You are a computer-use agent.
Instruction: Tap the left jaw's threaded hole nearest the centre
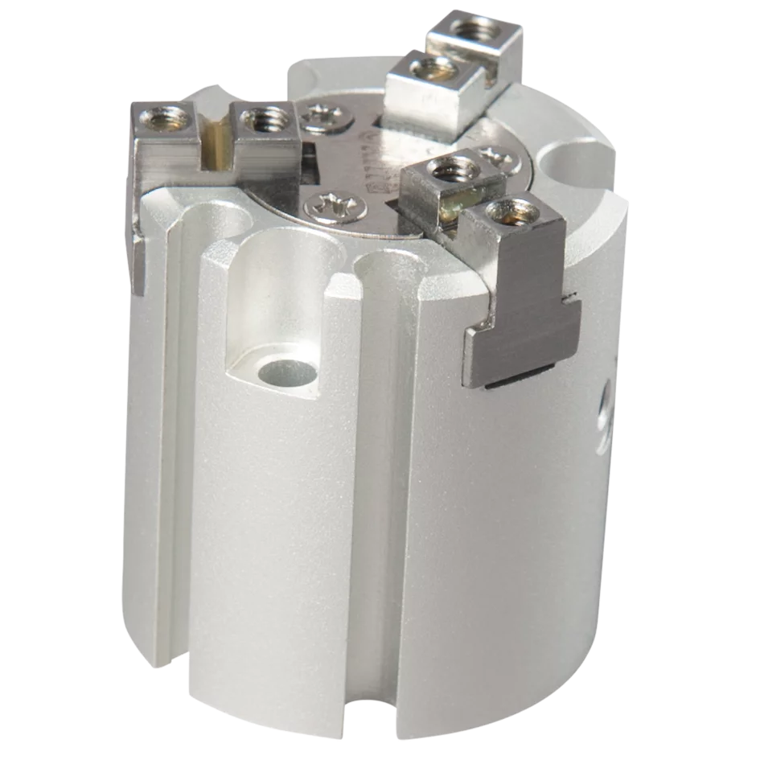(x=264, y=122)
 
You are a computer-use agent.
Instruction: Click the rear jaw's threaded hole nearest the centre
(x=425, y=70)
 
